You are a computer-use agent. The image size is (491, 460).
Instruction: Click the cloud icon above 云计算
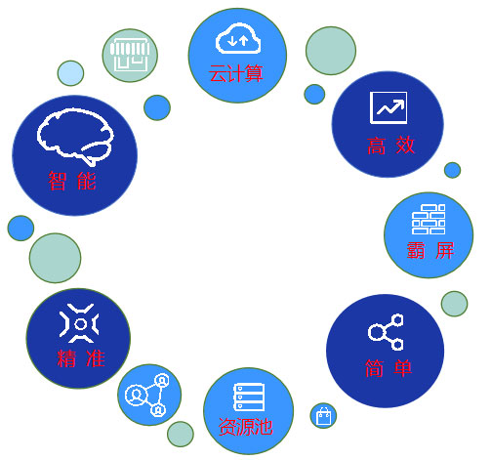point(238,38)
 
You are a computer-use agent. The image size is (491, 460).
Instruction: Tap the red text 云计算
point(236,73)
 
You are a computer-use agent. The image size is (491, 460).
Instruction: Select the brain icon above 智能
point(75,137)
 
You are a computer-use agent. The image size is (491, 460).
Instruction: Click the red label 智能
point(72,181)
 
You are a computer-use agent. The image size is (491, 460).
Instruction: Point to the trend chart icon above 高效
point(389,107)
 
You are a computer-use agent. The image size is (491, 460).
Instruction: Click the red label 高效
point(390,146)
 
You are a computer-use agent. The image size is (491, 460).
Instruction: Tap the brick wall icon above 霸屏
point(429,219)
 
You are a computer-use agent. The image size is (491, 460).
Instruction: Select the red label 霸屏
point(430,250)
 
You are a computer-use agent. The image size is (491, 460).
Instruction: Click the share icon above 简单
point(386,332)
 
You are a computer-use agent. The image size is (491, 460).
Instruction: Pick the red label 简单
point(389,368)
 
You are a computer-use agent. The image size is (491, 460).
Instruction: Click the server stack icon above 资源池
point(249,397)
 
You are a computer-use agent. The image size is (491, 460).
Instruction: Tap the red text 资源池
point(245,427)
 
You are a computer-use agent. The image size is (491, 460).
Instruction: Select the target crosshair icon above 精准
point(79,323)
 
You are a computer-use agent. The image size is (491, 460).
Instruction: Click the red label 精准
point(81,358)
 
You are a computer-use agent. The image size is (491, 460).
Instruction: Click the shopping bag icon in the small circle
point(324,416)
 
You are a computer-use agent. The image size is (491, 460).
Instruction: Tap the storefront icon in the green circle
point(130,55)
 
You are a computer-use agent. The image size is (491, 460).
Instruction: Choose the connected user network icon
point(147,395)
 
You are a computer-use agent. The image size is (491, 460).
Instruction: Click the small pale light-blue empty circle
point(70,73)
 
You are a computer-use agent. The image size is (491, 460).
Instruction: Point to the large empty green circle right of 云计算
point(331,51)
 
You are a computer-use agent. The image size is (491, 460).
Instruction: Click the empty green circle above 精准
point(55,258)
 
